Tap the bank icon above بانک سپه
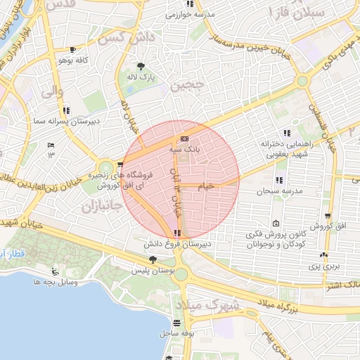184,139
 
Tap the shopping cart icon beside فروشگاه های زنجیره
119,165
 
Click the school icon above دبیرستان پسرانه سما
66,110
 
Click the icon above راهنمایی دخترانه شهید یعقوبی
286,134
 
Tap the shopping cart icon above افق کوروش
327,217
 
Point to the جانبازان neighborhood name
97,208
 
